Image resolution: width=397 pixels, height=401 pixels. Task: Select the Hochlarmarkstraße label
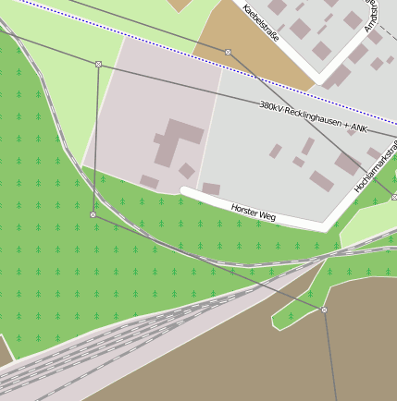click(x=375, y=166)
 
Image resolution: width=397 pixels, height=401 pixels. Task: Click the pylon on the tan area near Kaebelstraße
click(x=228, y=52)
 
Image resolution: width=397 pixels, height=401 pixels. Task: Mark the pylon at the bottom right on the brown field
click(x=324, y=310)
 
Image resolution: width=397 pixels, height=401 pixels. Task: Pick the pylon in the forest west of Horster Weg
click(x=93, y=214)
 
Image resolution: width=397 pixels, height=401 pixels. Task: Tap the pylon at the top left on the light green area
click(x=98, y=64)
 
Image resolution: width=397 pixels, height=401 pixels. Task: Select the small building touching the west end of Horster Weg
click(x=211, y=188)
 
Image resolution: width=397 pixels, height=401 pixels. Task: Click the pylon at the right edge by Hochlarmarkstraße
click(x=394, y=197)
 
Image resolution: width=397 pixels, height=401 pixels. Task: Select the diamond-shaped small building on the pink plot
click(x=187, y=171)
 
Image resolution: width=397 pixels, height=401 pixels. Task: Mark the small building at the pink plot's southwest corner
click(x=149, y=181)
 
